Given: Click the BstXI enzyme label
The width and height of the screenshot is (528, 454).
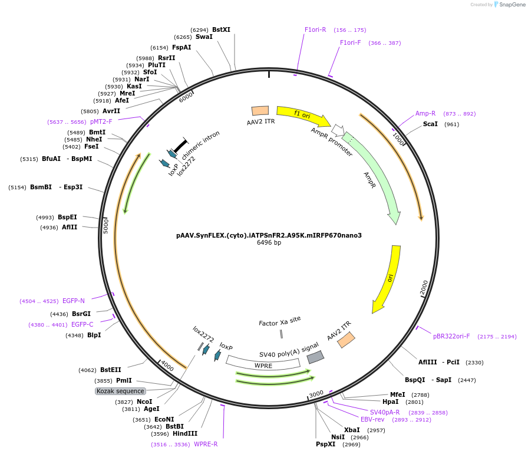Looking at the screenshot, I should (222, 29).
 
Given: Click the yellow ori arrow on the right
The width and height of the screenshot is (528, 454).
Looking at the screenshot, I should (388, 278).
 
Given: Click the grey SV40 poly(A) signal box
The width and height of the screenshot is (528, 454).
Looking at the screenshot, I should (315, 357).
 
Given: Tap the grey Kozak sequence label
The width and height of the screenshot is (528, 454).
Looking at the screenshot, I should (120, 391).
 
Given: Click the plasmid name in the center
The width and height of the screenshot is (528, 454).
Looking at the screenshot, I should (269, 235).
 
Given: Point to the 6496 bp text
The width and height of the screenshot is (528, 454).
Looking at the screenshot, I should (269, 243).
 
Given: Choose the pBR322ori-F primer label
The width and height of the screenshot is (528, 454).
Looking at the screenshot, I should (451, 337).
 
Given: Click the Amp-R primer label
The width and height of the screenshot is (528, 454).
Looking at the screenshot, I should (425, 113).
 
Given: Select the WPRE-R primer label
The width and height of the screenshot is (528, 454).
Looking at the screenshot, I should (206, 444).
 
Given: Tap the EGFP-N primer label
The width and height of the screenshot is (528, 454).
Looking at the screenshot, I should (74, 301).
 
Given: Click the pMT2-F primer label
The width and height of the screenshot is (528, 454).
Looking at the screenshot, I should (101, 121).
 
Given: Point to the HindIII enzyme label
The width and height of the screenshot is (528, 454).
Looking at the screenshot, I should (185, 433).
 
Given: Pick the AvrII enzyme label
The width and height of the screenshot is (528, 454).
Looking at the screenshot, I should (111, 111).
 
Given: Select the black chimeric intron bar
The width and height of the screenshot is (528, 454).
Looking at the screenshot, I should (180, 145).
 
